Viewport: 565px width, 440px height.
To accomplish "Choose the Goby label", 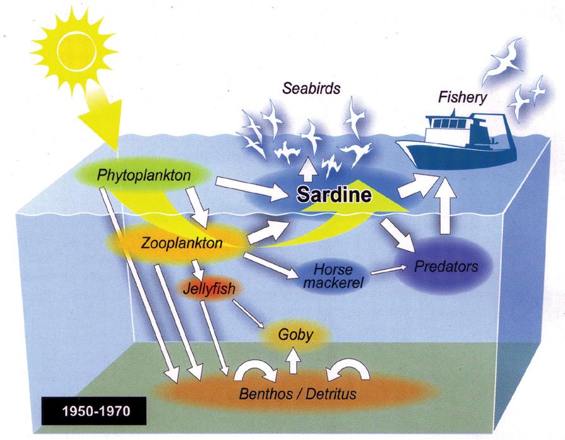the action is coord(295,334).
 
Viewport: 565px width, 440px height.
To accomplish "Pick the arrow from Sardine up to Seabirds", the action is coord(309,169).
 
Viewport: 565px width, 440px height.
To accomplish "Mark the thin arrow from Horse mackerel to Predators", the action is coord(389,270).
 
